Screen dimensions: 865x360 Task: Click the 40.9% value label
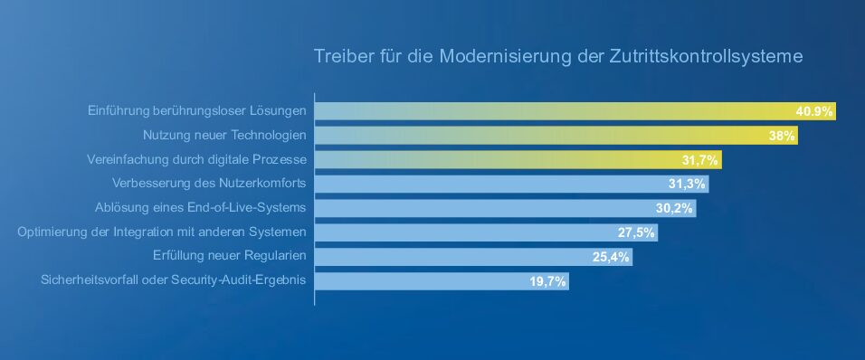tap(813, 111)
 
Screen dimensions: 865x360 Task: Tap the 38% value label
tap(782, 136)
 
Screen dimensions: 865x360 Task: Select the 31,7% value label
tap(700, 160)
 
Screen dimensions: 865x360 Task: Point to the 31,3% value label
tap(687, 185)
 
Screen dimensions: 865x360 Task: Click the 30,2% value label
tap(674, 208)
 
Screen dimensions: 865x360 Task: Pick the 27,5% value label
tap(636, 232)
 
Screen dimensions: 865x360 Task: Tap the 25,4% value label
tap(611, 257)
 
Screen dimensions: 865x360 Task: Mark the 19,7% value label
tap(547, 281)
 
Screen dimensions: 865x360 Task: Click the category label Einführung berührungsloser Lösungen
tap(197, 111)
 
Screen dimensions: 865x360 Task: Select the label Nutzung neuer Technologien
tap(224, 135)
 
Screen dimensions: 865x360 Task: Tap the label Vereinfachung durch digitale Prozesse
tap(196, 159)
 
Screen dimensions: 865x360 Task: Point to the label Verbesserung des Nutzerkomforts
tap(209, 183)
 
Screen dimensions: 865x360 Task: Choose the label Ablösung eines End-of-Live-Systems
tap(200, 208)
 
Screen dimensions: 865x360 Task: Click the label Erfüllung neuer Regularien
tap(230, 256)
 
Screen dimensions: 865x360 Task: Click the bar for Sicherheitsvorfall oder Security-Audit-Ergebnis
tap(442, 281)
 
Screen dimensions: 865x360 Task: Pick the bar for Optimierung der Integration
tap(487, 232)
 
